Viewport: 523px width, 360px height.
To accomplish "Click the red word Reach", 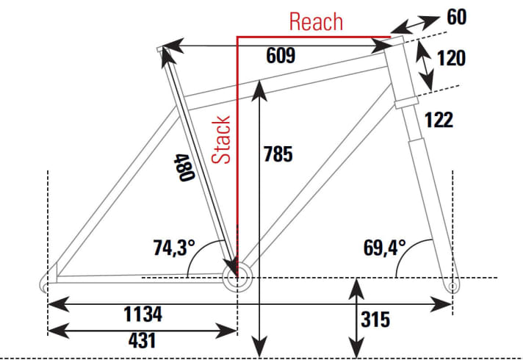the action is (x=316, y=22).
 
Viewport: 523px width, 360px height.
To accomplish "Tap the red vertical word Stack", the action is (x=221, y=140).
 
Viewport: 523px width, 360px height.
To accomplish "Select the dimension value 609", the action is (x=281, y=55).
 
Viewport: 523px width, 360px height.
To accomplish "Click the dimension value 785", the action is (x=278, y=154).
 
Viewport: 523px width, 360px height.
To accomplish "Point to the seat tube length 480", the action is (x=184, y=168).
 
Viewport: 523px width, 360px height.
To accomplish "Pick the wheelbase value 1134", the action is (x=143, y=314).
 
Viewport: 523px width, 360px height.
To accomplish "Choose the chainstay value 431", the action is (x=142, y=341).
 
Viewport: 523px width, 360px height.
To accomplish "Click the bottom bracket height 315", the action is (x=375, y=320).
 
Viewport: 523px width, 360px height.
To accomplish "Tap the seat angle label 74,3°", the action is (x=174, y=248).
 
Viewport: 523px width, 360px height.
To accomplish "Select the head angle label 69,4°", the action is (x=384, y=248).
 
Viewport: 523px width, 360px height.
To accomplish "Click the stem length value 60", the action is (x=457, y=17).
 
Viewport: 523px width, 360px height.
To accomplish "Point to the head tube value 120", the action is (x=451, y=58).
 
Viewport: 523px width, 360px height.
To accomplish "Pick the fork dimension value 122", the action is (x=439, y=120).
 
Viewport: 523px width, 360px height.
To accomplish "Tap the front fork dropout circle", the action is (x=452, y=287).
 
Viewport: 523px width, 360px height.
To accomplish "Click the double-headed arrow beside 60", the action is (x=414, y=25).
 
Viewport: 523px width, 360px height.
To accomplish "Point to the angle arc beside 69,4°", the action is (x=406, y=248).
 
